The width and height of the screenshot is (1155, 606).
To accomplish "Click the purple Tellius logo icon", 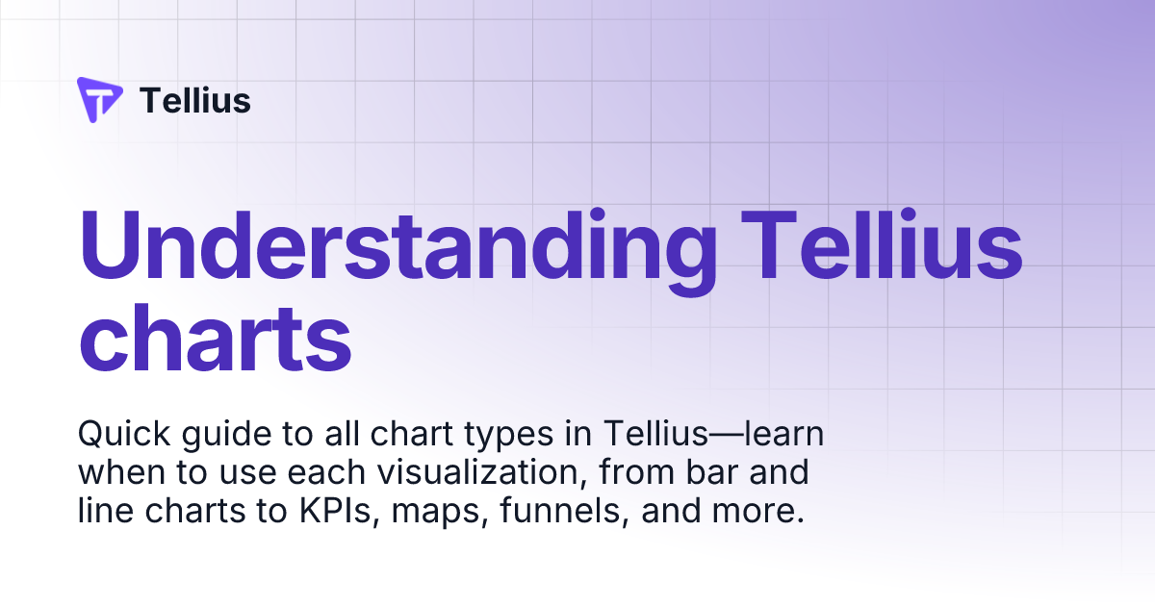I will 99,100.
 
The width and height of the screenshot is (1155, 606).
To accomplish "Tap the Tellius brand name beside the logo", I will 195,100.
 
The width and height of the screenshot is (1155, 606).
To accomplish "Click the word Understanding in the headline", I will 398,247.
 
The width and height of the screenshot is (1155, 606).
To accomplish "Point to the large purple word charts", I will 215,340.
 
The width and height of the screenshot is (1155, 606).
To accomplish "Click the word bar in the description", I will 717,473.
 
